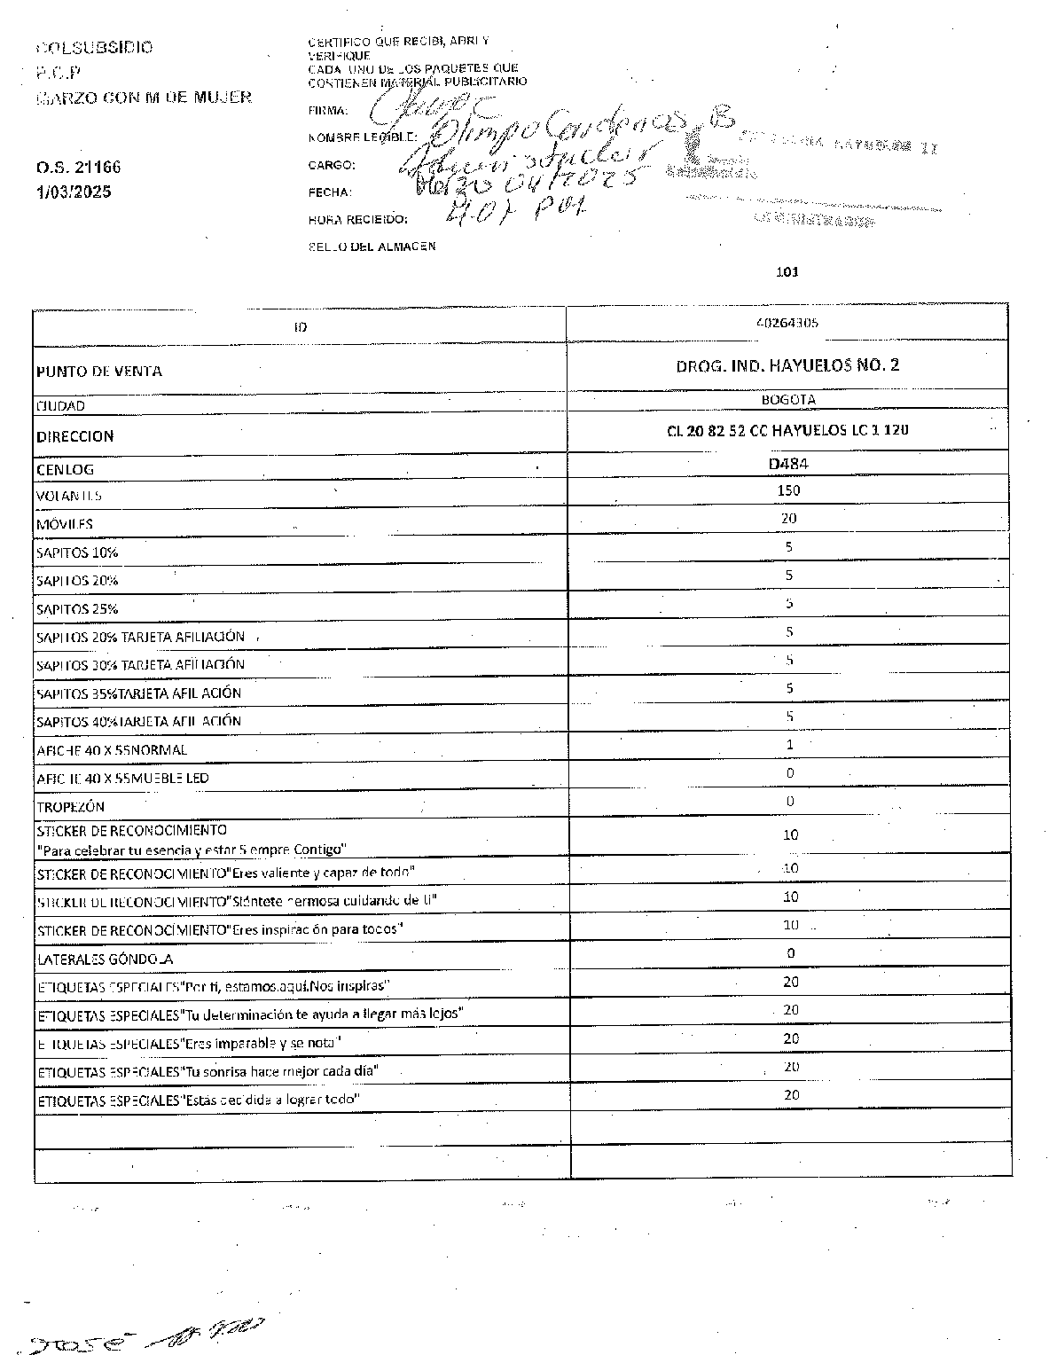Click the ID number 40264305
click(787, 323)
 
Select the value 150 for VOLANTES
click(788, 490)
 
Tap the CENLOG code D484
click(788, 463)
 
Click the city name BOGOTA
click(788, 400)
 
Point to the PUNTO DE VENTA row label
click(99, 372)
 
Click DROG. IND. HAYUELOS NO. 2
click(787, 364)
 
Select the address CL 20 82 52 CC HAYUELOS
click(787, 431)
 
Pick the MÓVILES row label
click(65, 524)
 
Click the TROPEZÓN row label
click(71, 807)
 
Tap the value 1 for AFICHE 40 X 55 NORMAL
click(790, 745)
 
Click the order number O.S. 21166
click(79, 167)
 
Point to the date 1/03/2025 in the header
click(74, 192)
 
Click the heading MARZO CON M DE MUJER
click(144, 98)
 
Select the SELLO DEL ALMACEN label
click(372, 247)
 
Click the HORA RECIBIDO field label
click(358, 219)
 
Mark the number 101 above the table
click(787, 272)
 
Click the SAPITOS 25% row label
click(77, 609)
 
